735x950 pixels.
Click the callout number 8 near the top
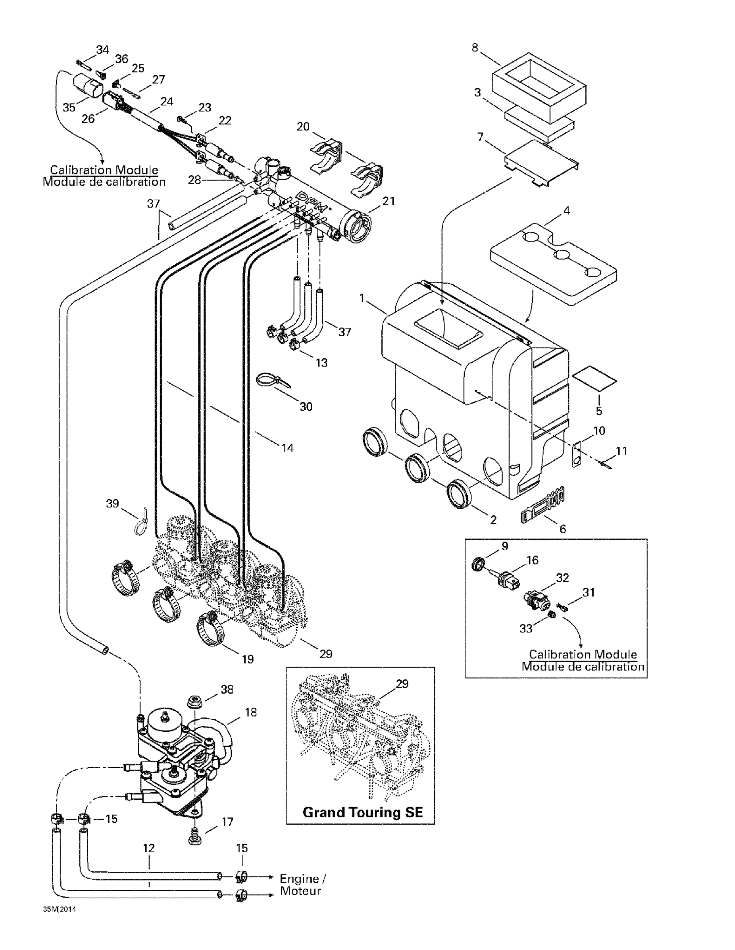pos(475,48)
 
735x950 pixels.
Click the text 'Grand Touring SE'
pos(362,812)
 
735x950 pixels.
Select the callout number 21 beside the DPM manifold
pos(388,201)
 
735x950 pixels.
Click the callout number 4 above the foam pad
pos(566,210)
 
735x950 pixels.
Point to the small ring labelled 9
pos(478,564)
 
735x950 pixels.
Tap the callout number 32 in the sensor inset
pos(562,578)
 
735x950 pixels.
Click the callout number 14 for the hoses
pos(287,448)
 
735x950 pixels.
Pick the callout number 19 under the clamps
pos(248,660)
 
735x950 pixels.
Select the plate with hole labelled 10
pos(577,455)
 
